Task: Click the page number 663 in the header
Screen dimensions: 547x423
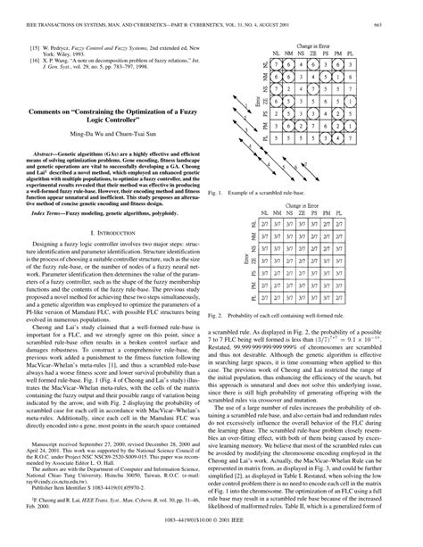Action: click(x=406, y=10)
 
